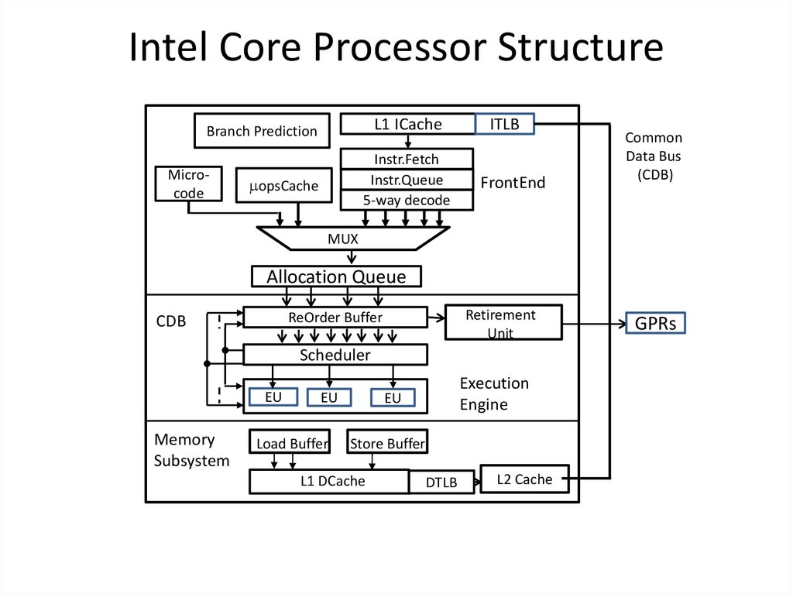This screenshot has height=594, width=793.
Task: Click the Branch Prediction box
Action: (261, 131)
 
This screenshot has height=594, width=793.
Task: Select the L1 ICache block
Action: (408, 124)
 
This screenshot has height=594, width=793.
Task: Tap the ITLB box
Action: (504, 124)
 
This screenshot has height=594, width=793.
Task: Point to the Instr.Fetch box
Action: (407, 159)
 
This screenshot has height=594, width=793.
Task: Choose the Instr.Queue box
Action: (407, 180)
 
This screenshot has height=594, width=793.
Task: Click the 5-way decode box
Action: (407, 200)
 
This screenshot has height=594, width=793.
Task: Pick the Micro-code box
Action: (188, 184)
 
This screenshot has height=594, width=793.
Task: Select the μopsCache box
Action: (283, 186)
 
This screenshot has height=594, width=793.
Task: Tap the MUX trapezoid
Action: (354, 239)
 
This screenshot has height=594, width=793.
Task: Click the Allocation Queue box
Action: (337, 276)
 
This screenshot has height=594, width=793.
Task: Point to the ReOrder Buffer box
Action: (335, 317)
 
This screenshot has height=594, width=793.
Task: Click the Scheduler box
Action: (335, 355)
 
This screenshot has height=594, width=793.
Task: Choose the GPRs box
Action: (655, 324)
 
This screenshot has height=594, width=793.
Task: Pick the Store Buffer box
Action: (387, 442)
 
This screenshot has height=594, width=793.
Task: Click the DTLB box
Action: (442, 482)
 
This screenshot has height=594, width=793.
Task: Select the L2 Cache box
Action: (524, 479)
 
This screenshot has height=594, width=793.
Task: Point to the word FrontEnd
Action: (513, 183)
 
